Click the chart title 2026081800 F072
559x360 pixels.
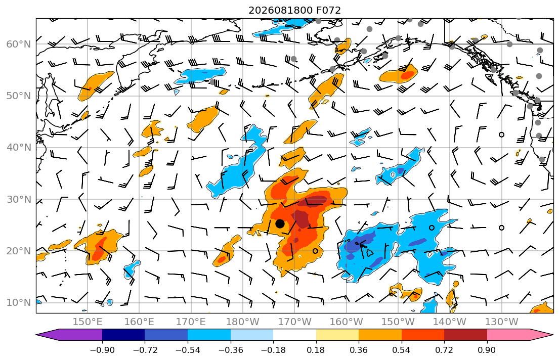tap(294, 10)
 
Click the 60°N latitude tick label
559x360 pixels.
tap(19, 44)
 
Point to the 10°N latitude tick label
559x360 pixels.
tap(19, 303)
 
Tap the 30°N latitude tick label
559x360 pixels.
tap(19, 199)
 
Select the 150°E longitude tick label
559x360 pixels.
tap(88, 322)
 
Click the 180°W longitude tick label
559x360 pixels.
tap(243, 322)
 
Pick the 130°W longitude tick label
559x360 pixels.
tap(502, 322)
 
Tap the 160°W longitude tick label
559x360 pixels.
tap(346, 322)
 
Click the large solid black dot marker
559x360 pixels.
tap(280, 224)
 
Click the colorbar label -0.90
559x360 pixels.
tap(102, 350)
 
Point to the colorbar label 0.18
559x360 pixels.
tap(316, 350)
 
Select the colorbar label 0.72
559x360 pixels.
tap(444, 350)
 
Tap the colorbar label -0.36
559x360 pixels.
tap(231, 350)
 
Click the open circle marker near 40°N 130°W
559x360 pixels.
tap(502, 134)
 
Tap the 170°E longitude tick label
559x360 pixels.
tap(191, 322)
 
